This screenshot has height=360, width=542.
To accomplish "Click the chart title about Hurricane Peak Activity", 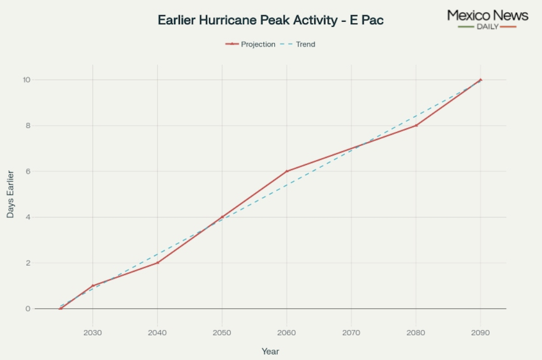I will pos(270,20).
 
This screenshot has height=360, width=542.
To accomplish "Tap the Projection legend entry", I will pos(251,45).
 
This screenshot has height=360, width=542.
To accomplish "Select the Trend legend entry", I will pos(298,45).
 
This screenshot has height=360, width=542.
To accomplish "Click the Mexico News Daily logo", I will pos(488,18).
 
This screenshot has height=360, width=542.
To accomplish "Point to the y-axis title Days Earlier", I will pos(11,194).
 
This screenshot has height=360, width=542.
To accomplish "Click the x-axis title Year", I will pos(270,351).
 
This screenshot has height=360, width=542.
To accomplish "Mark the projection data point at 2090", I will pos(480,80).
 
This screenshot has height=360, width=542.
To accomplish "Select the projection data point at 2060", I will pos(287,171).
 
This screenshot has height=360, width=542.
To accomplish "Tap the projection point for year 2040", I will pos(157,263).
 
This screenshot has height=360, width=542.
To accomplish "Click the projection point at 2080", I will pos(416,126).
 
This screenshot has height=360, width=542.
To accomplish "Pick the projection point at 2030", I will pos(93,285).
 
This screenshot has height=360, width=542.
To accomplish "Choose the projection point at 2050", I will pos(222,217).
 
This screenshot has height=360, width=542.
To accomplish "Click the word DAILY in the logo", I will pos(488,27).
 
